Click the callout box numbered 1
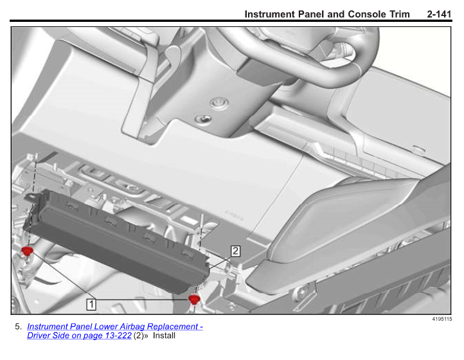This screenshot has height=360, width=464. pos(91,304)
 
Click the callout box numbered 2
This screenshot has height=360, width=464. pos(235,251)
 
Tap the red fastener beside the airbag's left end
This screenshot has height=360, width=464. pos(27,251)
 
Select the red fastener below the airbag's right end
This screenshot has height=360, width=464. pos(194,300)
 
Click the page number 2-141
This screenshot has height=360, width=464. pos(439,14)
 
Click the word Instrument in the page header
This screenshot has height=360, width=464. pos(269,14)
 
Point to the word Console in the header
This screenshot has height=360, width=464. pos(367,14)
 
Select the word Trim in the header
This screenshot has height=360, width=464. pos(399,14)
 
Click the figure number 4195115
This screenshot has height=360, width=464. pos(442,319)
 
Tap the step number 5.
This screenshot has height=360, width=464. pos(19,327)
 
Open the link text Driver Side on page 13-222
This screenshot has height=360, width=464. pos(79,336)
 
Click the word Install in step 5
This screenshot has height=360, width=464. pos(164,336)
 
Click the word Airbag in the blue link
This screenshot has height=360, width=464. pos(132,327)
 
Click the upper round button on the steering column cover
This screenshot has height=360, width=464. pos(219,103)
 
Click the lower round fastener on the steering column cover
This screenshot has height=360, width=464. pos(203,119)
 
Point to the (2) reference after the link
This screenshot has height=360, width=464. pos(138,336)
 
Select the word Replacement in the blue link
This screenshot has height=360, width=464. pos(172,327)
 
